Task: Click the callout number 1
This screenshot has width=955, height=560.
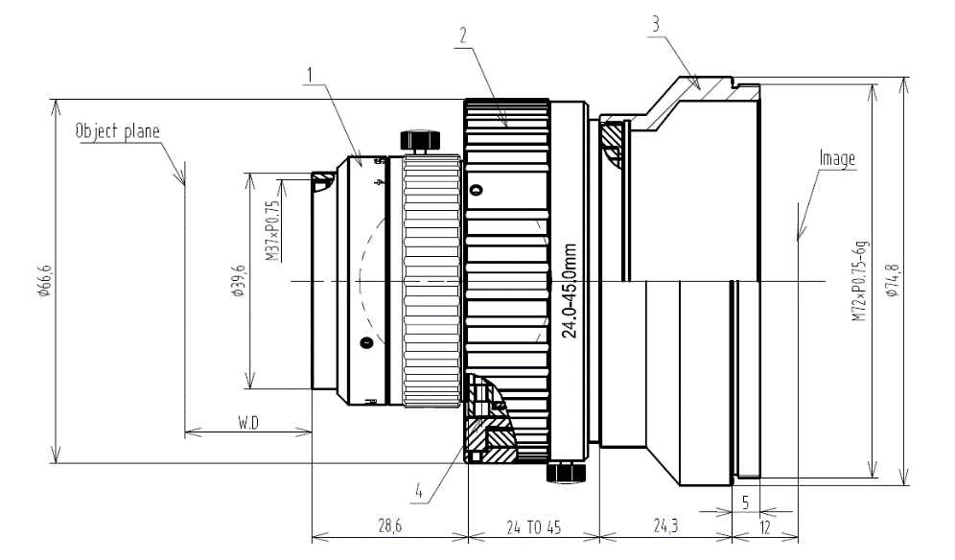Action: tap(310, 75)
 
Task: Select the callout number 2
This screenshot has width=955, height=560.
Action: tap(463, 35)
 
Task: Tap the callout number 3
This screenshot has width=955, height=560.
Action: tap(655, 24)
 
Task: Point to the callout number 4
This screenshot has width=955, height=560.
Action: tap(419, 491)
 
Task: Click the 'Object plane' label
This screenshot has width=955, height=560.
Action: tap(118, 131)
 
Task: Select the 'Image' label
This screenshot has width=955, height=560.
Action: tap(837, 159)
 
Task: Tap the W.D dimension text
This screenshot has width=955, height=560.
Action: tap(248, 422)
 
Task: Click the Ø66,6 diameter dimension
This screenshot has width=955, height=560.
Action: tap(43, 281)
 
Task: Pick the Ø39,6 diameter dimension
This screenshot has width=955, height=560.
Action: tap(238, 281)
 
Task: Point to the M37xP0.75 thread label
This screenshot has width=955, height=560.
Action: tap(273, 231)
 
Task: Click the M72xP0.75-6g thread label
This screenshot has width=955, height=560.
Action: tap(860, 281)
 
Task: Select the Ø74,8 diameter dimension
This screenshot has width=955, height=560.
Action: tap(893, 281)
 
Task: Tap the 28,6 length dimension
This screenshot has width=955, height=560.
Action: tap(390, 525)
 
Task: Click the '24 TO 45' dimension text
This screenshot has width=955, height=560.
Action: tap(533, 527)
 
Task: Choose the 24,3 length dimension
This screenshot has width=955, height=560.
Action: tap(665, 525)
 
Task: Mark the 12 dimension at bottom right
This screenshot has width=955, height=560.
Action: tap(765, 526)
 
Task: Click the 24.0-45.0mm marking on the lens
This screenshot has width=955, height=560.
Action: tap(569, 292)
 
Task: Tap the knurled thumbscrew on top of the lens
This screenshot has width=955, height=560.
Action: tap(420, 141)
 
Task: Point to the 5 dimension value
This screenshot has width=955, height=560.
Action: tap(745, 502)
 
